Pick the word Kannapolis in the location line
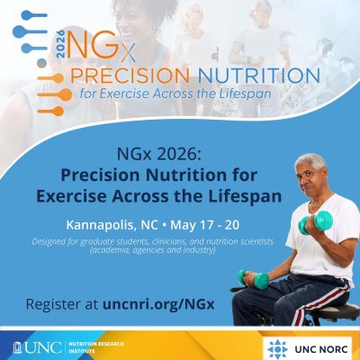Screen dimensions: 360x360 pyautogui.click(x=101, y=221)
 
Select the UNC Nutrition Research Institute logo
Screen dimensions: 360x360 pyautogui.click(x=67, y=346)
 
